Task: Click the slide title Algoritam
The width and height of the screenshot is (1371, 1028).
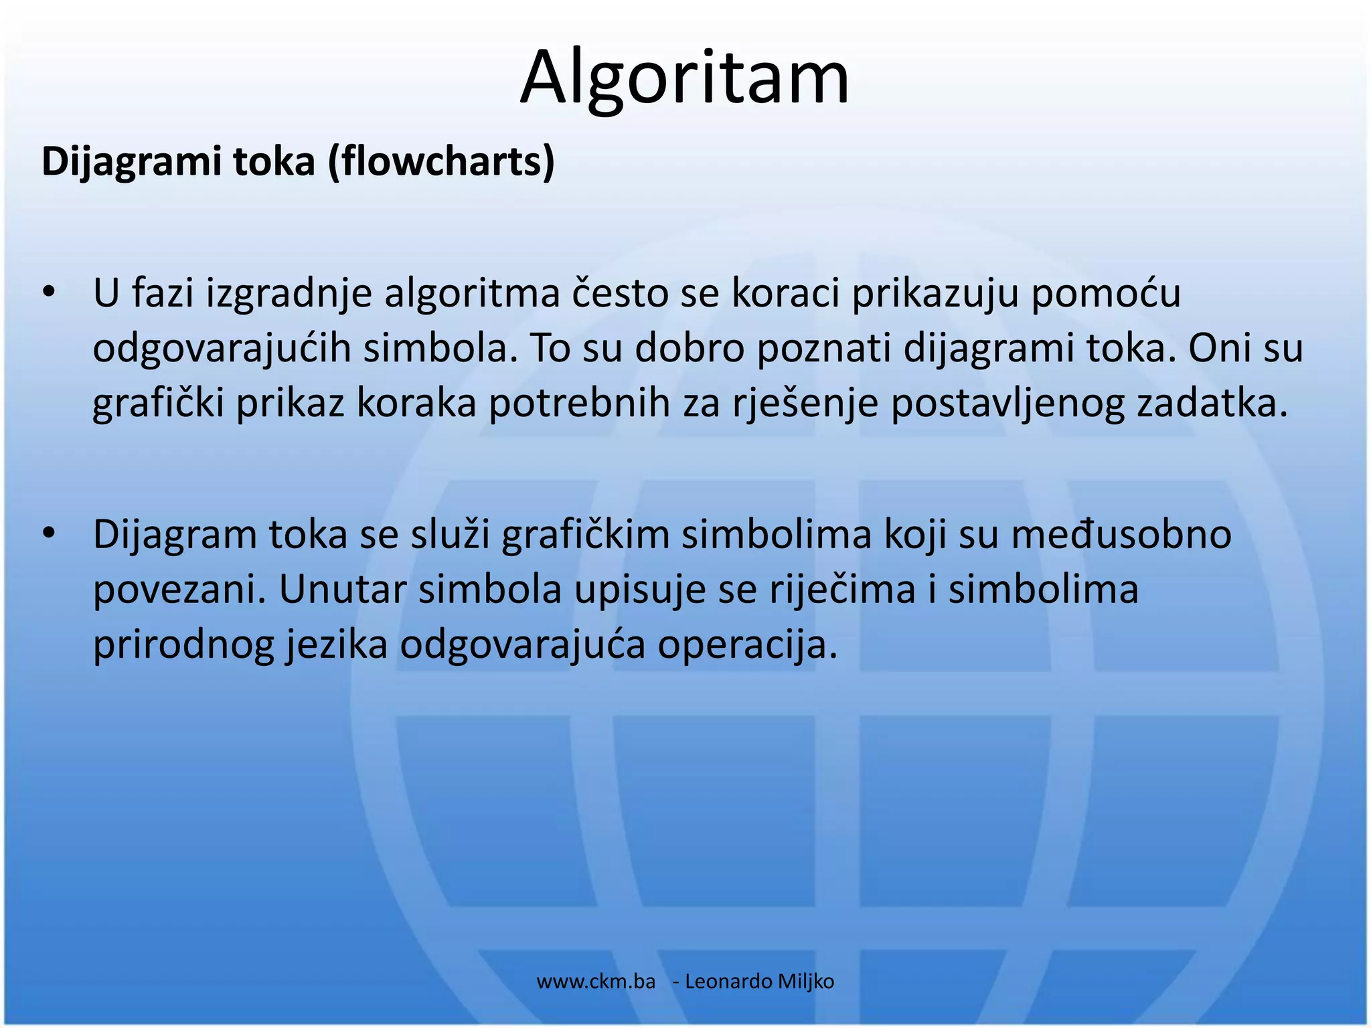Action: pos(684,77)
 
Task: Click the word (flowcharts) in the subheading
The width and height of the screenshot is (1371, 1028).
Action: pos(441,162)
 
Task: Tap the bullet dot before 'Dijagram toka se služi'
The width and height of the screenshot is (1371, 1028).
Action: pos(48,533)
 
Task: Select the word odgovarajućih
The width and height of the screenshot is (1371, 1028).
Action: pos(222,349)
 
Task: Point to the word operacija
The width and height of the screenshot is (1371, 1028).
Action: pos(747,645)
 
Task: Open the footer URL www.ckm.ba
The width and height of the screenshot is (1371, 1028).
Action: pos(596,982)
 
